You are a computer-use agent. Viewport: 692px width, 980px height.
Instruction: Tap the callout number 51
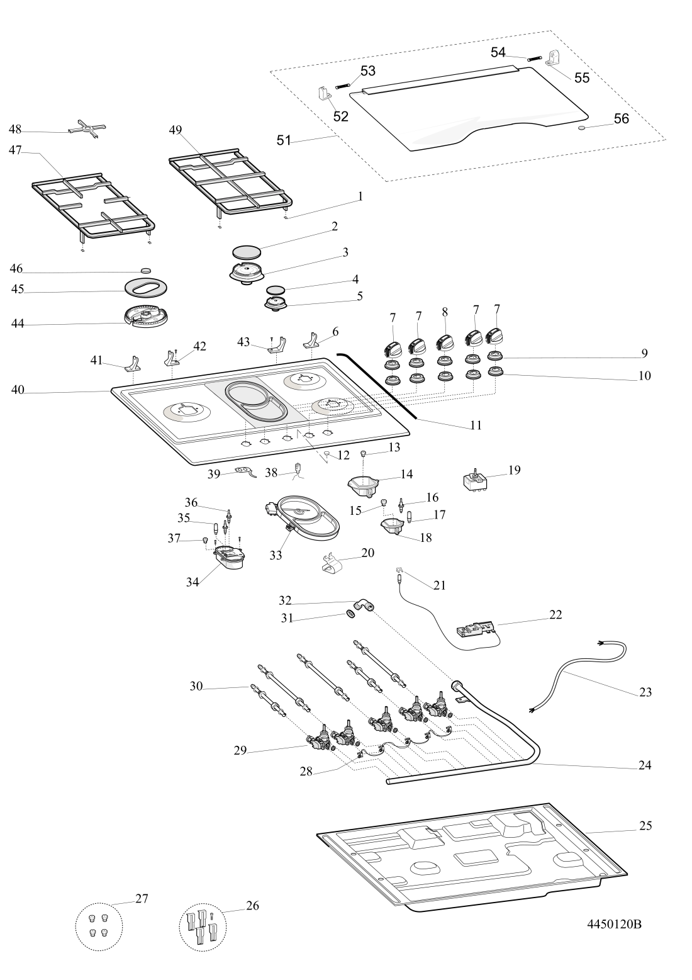tap(284, 140)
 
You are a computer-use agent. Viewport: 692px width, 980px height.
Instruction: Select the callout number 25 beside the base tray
tap(645, 825)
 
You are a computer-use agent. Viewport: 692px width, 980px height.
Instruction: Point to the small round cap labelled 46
tap(146, 270)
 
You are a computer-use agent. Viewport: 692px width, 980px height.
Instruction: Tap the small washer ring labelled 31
tap(349, 614)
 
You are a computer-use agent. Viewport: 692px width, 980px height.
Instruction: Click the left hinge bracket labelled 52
tap(325, 94)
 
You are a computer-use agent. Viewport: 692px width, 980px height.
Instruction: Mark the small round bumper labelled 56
tap(581, 128)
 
